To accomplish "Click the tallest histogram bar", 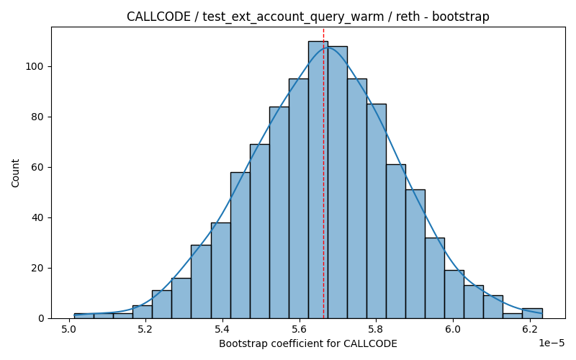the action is pos(318,179).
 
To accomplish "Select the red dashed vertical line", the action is pos(323,173).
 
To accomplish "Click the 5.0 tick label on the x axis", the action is pos(68,329).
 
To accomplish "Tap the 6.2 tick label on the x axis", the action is pos(530,329).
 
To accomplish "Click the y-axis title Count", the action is pos(15,173).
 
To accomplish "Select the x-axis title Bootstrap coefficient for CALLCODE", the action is pos(308,344).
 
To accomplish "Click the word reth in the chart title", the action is pos(408,17).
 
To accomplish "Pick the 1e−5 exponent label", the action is pos(552,343).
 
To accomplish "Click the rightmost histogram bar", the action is pos(532,313).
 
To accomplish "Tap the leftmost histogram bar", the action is pos(84,316).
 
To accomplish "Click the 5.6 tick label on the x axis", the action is pos(299,329).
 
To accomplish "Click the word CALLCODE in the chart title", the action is pos(158,17).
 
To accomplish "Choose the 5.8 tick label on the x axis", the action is pos(376,329).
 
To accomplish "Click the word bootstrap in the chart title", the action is pos(461,17).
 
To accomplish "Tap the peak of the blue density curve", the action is pos(328,48).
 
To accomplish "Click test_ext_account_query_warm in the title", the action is pos(293,17).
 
